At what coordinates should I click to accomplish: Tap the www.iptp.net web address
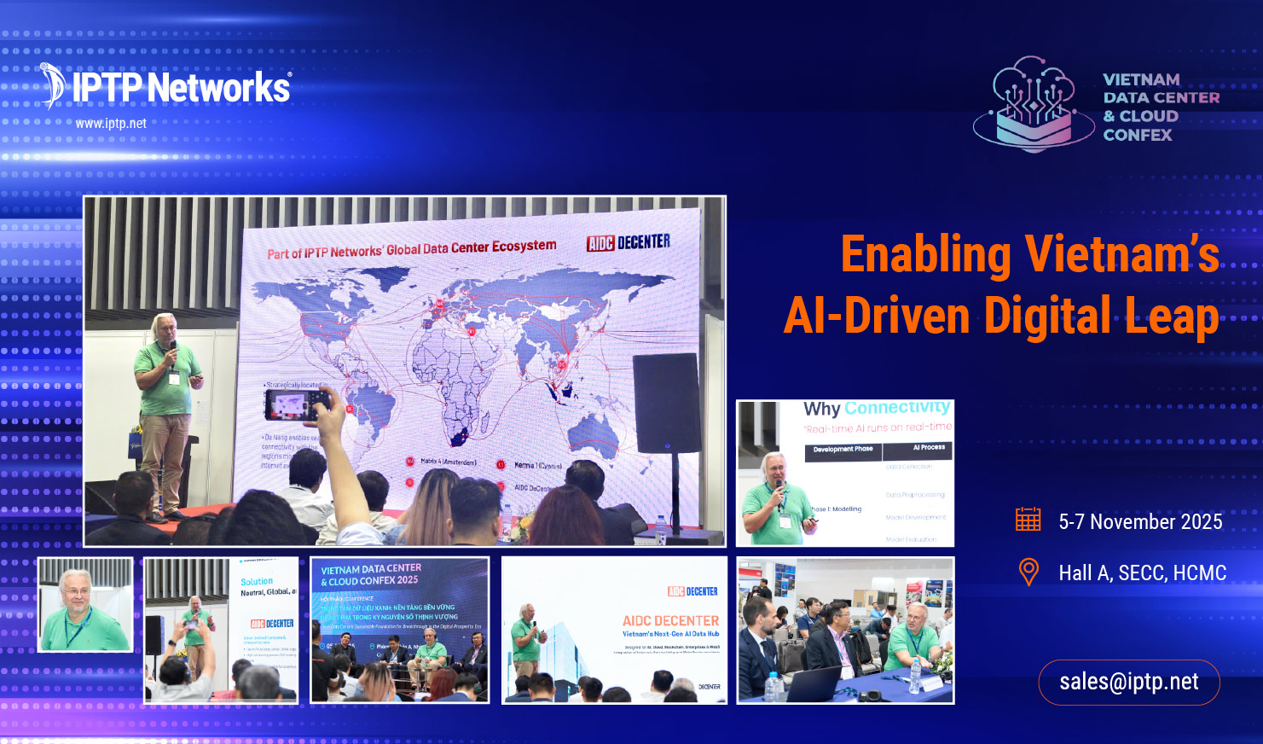pos(111,124)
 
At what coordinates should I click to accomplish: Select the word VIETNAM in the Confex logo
pos(1141,80)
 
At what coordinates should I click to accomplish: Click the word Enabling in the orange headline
pos(925,255)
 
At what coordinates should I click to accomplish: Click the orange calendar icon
pos(1028,520)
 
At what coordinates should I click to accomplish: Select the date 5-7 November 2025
pos(1140,522)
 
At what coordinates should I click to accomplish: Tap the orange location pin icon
pos(1028,572)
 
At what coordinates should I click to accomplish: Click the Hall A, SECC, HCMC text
pos(1142,573)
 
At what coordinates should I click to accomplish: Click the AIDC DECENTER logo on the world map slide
pos(628,243)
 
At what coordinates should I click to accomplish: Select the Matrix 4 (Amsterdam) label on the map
pos(448,462)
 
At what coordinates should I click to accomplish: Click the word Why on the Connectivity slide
pos(821,410)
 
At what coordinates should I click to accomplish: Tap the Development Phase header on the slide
pos(843,449)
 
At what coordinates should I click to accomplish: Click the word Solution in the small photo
pos(257,582)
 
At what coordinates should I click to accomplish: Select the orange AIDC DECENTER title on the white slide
pos(670,620)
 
